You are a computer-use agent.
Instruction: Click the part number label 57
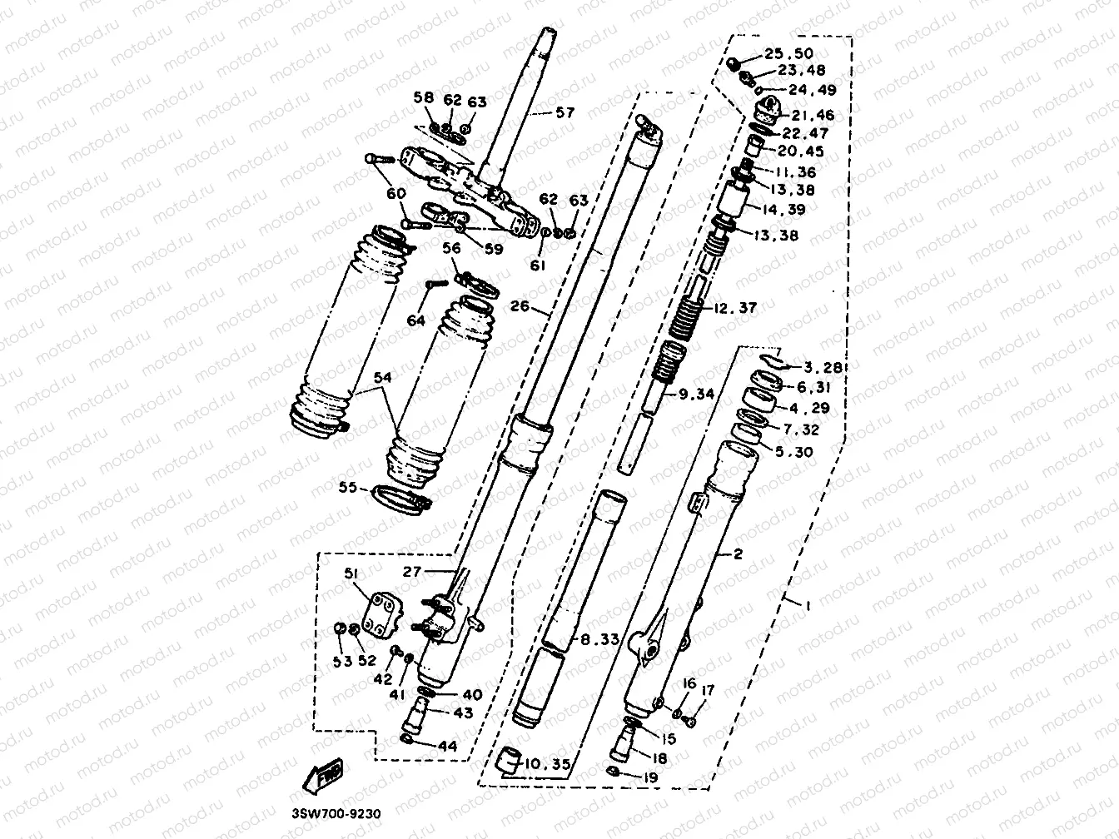[564, 112]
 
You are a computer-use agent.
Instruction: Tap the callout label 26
[520, 306]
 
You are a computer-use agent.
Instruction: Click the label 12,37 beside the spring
[734, 308]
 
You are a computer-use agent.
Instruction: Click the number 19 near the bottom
[650, 778]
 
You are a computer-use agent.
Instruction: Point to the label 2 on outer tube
[737, 554]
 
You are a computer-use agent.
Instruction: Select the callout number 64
[415, 320]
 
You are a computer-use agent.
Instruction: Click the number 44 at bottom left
[447, 746]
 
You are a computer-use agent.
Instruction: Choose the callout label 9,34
[696, 394]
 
